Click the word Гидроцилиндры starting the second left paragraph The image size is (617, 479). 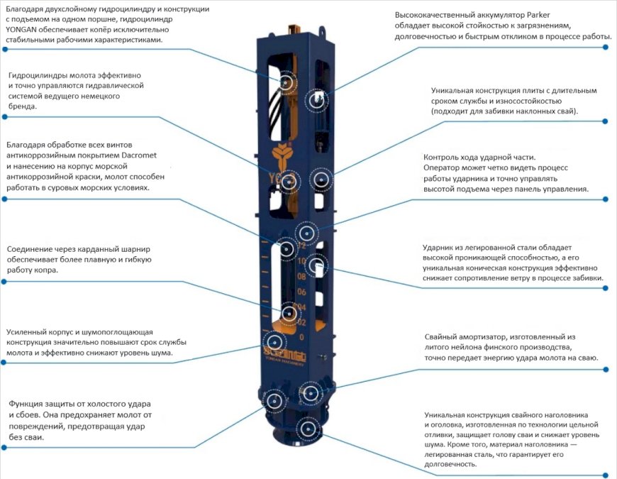pyautogui.click(x=41, y=75)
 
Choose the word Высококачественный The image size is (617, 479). pyautogui.click(x=438, y=15)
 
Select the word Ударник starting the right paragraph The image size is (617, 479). pyautogui.click(x=439, y=247)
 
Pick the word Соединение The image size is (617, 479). pyautogui.click(x=31, y=249)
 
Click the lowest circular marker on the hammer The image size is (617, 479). pyautogui.click(x=307, y=428)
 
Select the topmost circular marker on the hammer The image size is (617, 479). pyautogui.click(x=288, y=83)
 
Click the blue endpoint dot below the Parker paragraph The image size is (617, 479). pyautogui.click(x=606, y=48)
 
